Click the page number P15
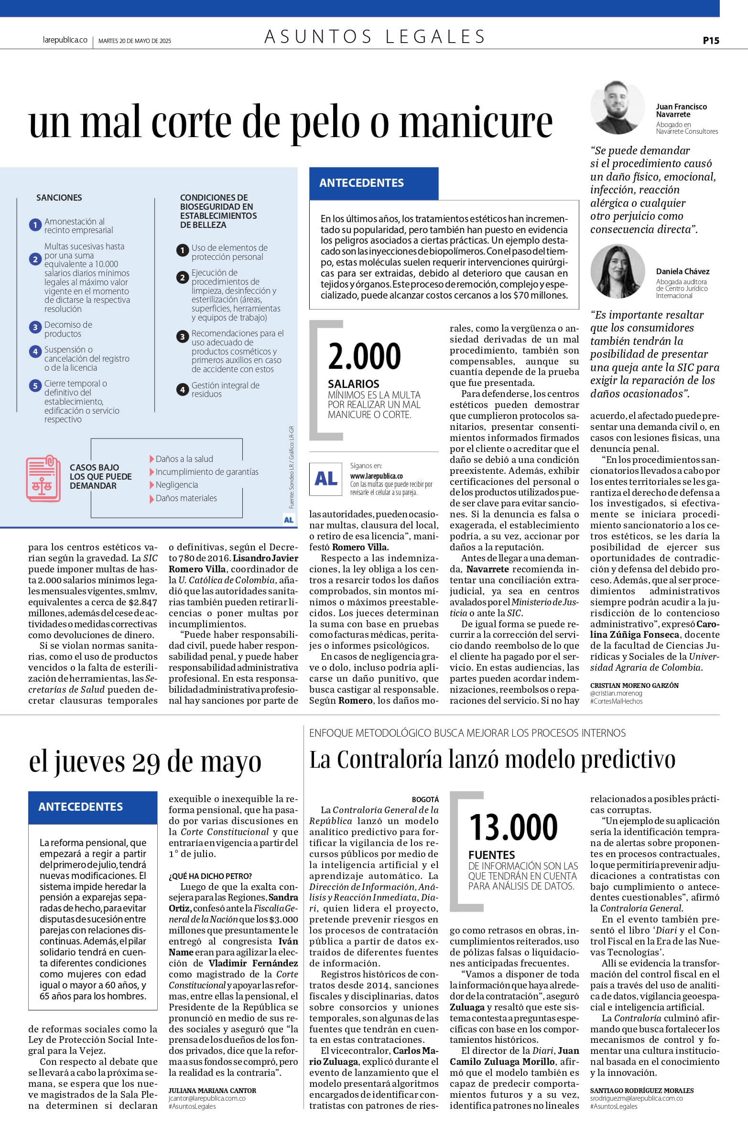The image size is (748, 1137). [x=711, y=41]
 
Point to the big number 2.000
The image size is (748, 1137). [x=364, y=357]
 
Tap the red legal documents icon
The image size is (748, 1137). [x=43, y=479]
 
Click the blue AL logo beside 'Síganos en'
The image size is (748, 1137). [x=326, y=478]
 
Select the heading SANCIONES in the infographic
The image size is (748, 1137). [x=59, y=198]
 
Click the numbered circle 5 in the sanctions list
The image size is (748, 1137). [x=35, y=386]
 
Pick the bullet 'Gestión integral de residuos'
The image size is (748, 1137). [x=225, y=389]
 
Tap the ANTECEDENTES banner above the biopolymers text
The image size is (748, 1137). [x=373, y=183]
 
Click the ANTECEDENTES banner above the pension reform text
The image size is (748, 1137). [x=93, y=807]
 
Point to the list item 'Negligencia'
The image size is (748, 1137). [x=176, y=485]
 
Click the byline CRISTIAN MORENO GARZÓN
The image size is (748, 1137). [x=634, y=686]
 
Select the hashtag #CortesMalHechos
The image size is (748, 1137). [x=616, y=701]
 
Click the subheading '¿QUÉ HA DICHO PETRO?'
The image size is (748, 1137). [x=210, y=876]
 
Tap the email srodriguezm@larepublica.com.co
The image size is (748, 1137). [x=636, y=1098]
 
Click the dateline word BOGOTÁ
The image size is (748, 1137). [x=425, y=799]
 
